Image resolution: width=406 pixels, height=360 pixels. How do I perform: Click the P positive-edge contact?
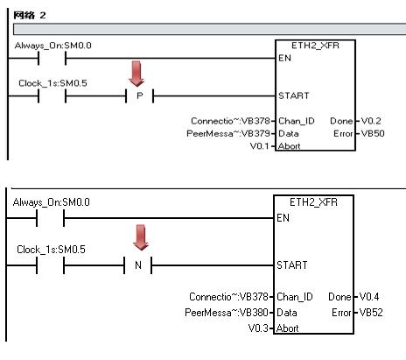[x=140, y=95]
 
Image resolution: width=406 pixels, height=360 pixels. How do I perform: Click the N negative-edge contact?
[x=138, y=265]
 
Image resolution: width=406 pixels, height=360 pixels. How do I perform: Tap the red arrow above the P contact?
[x=136, y=74]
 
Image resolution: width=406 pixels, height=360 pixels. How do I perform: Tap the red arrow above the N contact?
[x=141, y=237]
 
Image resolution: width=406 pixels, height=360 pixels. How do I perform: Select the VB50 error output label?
[x=373, y=134]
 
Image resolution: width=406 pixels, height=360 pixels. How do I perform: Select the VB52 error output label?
[x=371, y=313]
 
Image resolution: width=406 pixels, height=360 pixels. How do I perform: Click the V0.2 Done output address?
[x=371, y=121]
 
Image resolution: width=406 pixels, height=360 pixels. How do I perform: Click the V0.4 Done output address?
[x=369, y=297]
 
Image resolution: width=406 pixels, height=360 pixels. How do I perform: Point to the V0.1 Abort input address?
[x=260, y=145]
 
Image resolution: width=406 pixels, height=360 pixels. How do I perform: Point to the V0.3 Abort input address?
[x=258, y=328]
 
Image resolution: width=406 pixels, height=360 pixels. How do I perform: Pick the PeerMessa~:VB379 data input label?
[x=228, y=134]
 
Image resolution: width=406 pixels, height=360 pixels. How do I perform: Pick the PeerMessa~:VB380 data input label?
[x=227, y=313]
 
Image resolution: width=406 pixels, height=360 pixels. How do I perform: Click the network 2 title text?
[x=30, y=15]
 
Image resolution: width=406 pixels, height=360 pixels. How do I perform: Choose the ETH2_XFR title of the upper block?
[x=315, y=46]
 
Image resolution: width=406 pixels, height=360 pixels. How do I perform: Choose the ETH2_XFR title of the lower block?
[x=313, y=202]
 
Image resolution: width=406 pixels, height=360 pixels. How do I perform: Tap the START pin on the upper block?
[x=293, y=95]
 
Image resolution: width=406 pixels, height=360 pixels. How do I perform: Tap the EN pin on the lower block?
[x=283, y=218]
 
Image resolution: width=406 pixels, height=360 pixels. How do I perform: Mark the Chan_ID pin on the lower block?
[x=295, y=297]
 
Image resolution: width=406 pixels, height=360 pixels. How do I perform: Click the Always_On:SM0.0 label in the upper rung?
[x=53, y=46]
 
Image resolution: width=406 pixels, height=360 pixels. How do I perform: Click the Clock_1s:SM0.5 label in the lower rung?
[x=51, y=250]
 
